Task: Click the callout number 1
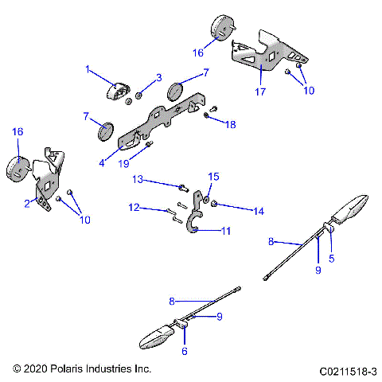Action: click(x=88, y=69)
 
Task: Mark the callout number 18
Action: click(x=230, y=124)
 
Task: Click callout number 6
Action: click(x=185, y=351)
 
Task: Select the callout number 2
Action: click(x=27, y=204)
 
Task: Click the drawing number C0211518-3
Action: click(x=346, y=370)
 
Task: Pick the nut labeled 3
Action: click(x=138, y=95)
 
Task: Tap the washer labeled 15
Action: click(x=205, y=200)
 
